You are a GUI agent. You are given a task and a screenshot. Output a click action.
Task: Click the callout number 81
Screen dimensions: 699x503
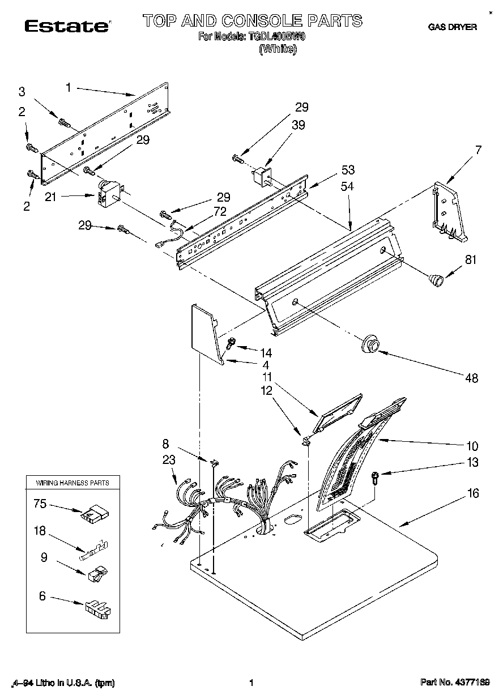471,261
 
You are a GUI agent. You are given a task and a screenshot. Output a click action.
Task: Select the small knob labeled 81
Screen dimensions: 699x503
436,279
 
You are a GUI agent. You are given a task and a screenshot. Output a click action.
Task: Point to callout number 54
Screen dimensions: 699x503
347,186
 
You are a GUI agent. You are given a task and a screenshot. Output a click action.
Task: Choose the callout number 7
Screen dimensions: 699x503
478,150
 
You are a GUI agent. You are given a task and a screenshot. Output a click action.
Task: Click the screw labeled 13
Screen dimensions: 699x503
375,477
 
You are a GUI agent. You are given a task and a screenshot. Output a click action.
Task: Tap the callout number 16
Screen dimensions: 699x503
472,494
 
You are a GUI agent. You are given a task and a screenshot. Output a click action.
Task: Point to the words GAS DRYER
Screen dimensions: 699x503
451,27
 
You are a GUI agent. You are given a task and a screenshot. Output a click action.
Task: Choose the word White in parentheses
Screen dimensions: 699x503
277,49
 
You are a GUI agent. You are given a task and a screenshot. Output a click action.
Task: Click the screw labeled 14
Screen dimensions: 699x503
232,343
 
